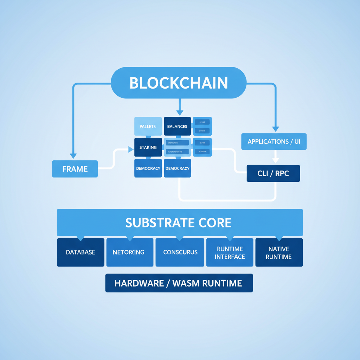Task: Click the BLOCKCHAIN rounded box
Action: click(179, 83)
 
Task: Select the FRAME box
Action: click(75, 169)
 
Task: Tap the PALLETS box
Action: click(148, 126)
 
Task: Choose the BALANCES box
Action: click(177, 126)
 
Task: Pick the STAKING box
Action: click(148, 147)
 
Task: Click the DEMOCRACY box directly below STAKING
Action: click(148, 168)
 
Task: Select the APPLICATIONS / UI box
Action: click(274, 142)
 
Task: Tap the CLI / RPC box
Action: click(273, 173)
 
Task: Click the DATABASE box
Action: click(81, 252)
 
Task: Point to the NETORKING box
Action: click(130, 252)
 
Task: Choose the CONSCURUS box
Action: click(180, 252)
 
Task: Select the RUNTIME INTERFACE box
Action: click(230, 252)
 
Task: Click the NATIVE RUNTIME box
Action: click(278, 252)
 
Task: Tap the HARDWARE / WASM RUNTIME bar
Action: click(179, 283)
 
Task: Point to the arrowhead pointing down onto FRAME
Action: click(73, 156)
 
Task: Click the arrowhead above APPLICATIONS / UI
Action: click(275, 129)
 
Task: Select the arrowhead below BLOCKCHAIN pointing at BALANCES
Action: click(180, 112)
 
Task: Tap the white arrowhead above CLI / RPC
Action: click(275, 160)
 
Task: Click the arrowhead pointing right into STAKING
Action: click(131, 150)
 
